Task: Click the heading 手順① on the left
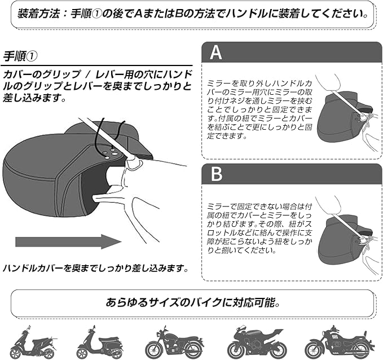(21, 56)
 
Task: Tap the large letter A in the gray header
(216, 53)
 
